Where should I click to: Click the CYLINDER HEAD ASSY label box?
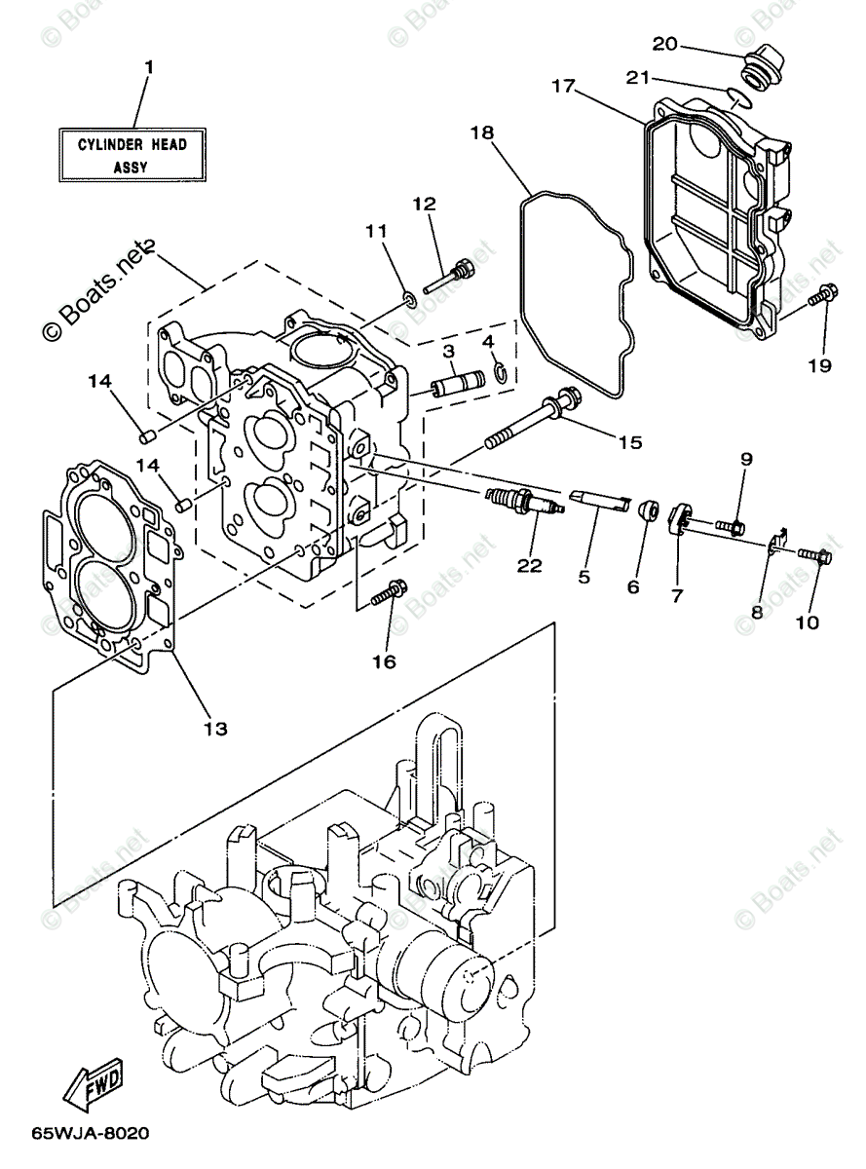pyautogui.click(x=132, y=155)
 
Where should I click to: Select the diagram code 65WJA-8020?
pyautogui.click(x=92, y=1134)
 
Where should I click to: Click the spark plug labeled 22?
pyautogui.click(x=524, y=503)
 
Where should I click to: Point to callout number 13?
pyautogui.click(x=215, y=728)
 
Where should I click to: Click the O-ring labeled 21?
pyautogui.click(x=737, y=95)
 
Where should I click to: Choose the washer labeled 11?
pyautogui.click(x=411, y=298)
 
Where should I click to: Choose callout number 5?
pyautogui.click(x=584, y=577)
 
